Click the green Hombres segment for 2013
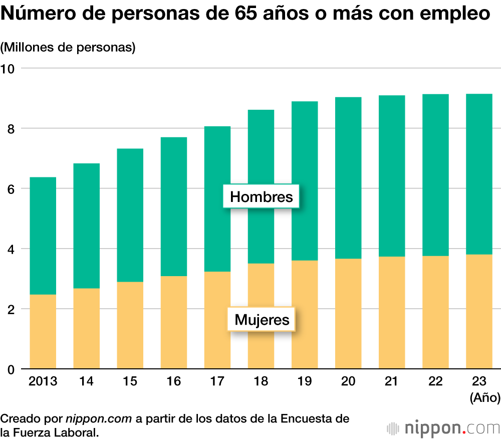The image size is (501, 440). (43, 236)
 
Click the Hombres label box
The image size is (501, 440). (262, 196)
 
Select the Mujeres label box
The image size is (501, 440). (262, 319)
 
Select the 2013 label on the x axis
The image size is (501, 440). (43, 382)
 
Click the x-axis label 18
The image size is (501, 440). (261, 382)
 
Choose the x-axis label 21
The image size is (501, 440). (391, 382)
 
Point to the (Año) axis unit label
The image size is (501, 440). (484, 398)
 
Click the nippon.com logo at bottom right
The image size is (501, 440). (443, 428)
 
